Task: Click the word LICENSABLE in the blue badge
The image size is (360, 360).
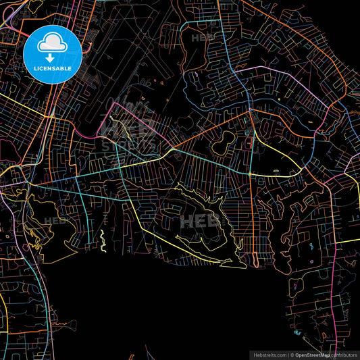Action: pos(52,68)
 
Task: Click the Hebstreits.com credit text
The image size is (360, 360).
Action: pos(268,354)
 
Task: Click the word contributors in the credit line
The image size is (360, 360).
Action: pos(345,354)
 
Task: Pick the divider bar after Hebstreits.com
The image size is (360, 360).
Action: pos(287,354)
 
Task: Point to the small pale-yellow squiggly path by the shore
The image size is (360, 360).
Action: pos(103,240)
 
